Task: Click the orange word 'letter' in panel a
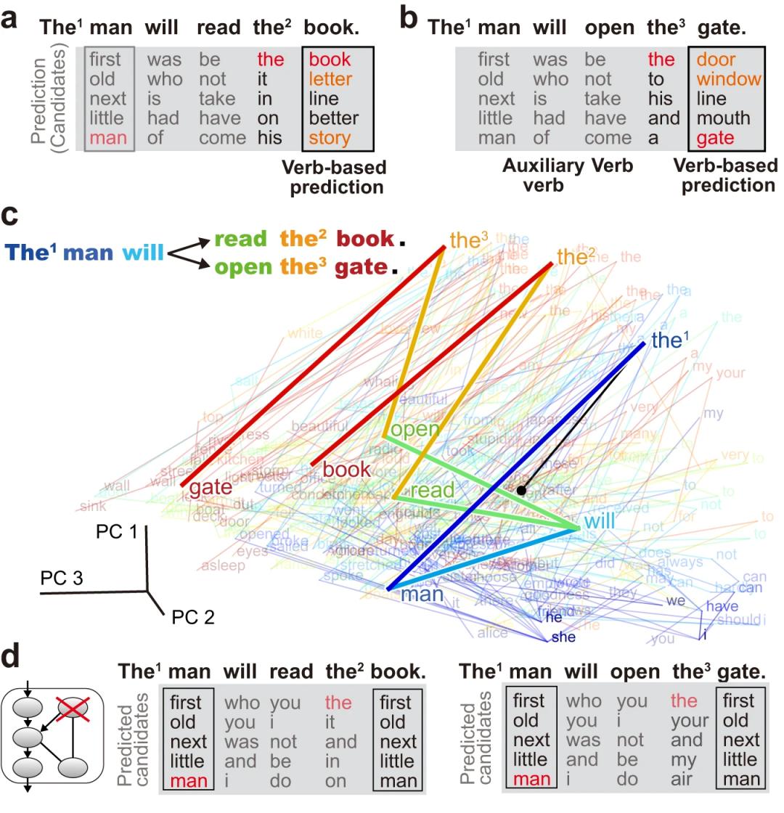click(x=330, y=78)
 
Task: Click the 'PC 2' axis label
click(x=192, y=618)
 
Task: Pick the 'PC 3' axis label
click(x=62, y=579)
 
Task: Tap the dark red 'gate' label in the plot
click(x=210, y=488)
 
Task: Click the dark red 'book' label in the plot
click(x=346, y=470)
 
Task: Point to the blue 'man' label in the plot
click(x=422, y=595)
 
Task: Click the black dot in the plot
click(x=520, y=491)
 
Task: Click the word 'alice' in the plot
click(x=493, y=632)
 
